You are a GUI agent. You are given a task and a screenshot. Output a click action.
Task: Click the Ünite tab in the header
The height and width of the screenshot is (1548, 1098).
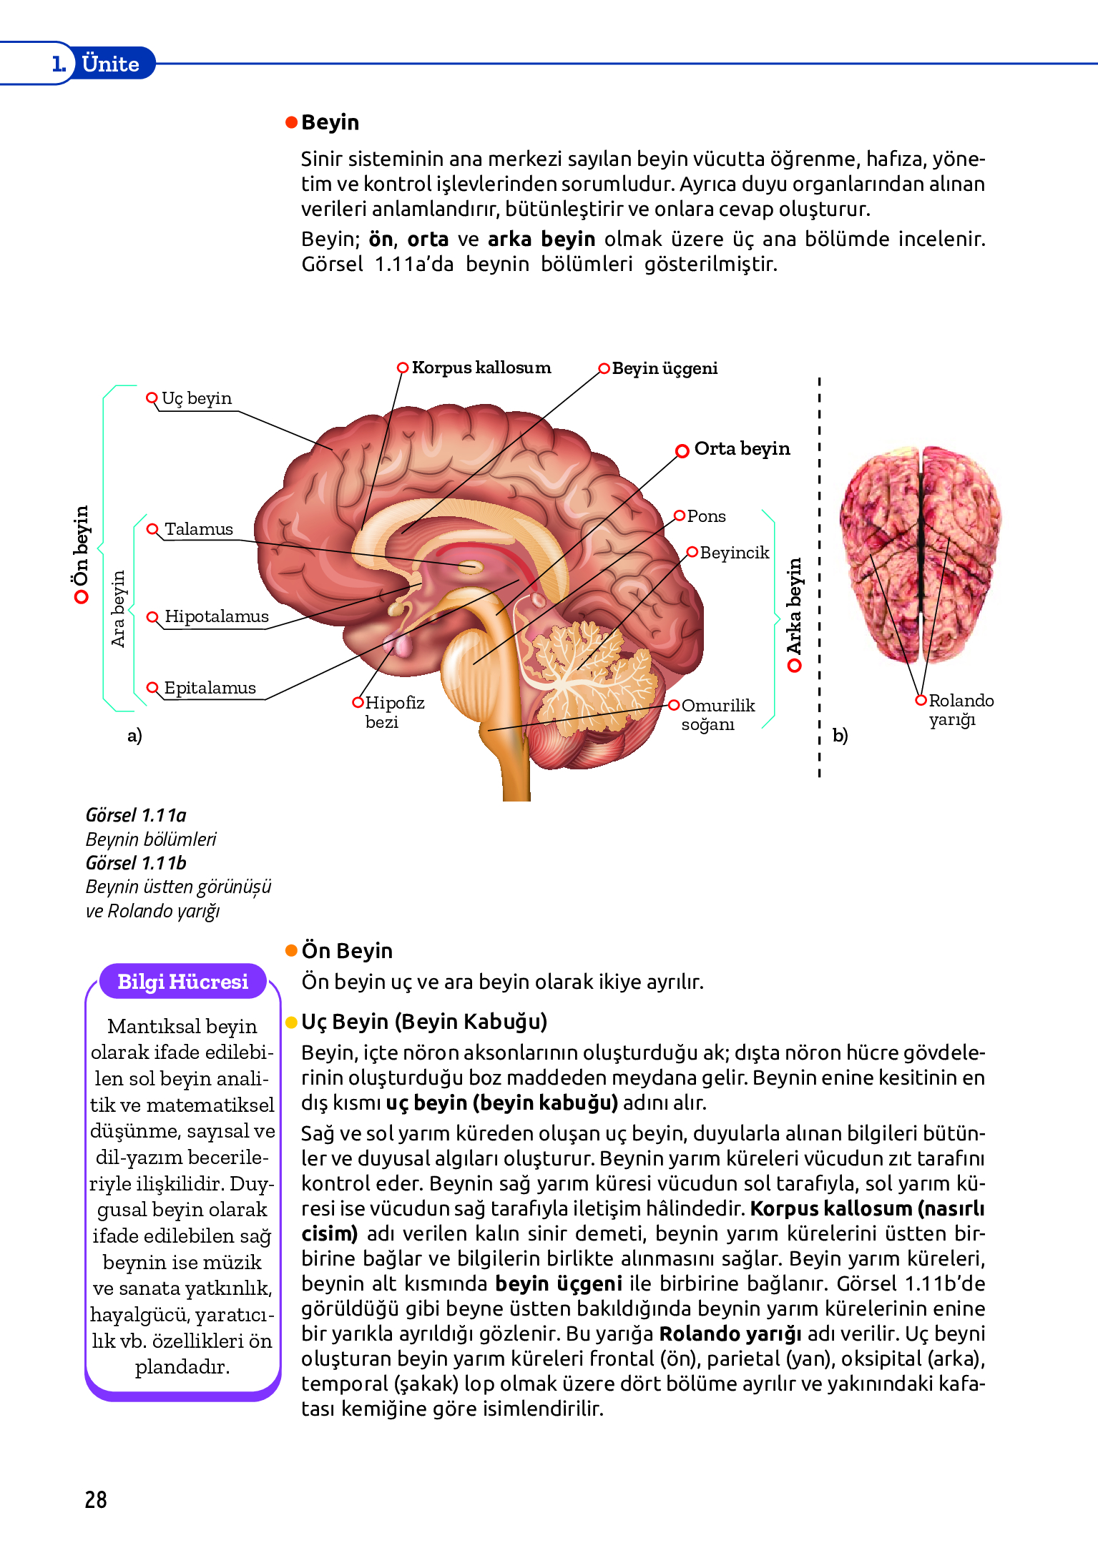pos(110,64)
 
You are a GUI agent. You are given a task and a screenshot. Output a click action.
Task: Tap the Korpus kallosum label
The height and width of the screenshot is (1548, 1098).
pos(481,368)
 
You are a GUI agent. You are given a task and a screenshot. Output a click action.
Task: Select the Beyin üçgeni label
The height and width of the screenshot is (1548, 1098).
pos(664,368)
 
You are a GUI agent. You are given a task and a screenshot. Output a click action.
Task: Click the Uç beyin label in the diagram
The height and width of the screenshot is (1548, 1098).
pos(196,398)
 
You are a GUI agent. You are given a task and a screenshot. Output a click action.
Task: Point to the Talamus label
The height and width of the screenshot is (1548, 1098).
pos(198,529)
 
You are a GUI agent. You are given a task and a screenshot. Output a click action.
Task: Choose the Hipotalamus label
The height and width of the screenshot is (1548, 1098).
pos(216,616)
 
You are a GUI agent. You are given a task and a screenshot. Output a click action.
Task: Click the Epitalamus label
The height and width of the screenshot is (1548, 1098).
pos(210,688)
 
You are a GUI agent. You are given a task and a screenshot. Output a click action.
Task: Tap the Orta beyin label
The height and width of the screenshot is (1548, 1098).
pos(741,449)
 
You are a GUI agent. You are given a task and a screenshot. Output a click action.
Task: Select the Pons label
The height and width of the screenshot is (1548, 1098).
pos(706,516)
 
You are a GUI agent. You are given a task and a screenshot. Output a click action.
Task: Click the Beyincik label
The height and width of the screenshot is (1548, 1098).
pos(734,553)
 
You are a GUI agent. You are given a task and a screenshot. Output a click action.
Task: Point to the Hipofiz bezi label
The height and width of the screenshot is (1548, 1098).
pos(393,712)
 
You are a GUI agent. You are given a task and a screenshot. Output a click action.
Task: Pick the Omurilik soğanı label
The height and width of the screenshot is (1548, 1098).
pos(717,714)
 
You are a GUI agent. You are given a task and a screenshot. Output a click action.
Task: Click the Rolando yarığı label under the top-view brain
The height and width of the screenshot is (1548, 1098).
pos(960,710)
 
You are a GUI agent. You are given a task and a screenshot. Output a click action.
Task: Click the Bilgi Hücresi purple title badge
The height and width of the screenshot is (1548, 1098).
pos(182,982)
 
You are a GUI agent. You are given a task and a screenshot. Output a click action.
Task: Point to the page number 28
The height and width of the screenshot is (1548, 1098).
pos(96,1499)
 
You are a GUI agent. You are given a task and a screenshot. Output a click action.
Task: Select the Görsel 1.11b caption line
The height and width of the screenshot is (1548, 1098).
pos(136,863)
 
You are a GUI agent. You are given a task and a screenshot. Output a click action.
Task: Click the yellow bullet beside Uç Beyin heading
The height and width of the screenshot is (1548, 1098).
pos(291,1022)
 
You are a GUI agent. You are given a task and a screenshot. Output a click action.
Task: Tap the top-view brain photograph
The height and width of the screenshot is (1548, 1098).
pos(920,554)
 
